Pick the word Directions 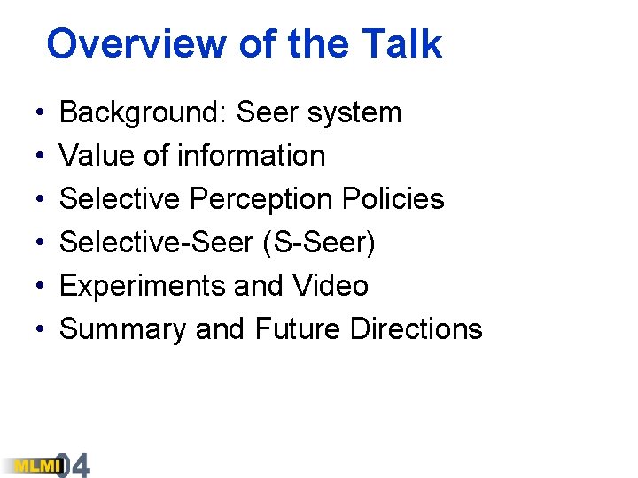tap(416, 329)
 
